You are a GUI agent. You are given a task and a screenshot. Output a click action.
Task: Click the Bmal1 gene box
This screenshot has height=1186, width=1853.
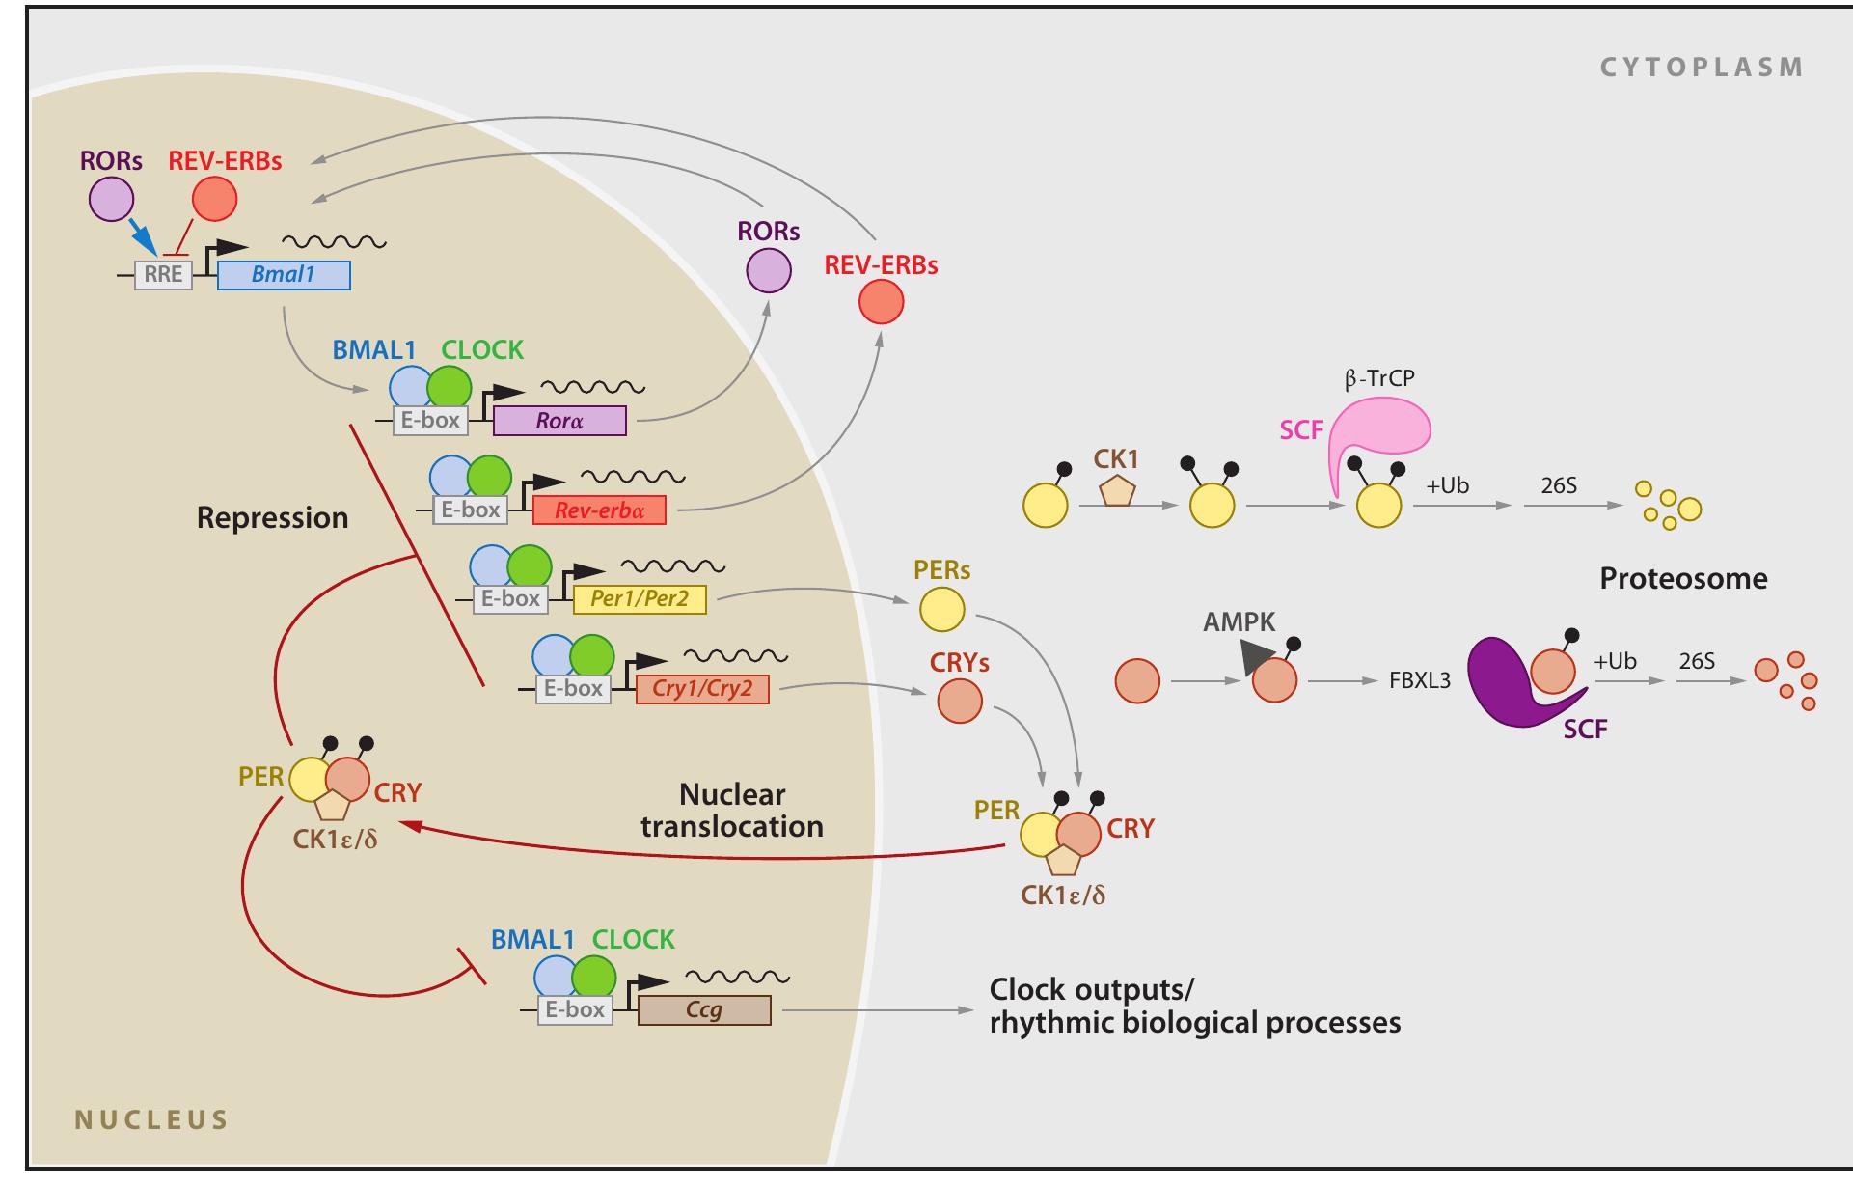pyautogui.click(x=284, y=275)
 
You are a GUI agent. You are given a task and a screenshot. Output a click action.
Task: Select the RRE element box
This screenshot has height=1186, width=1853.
pyautogui.click(x=163, y=275)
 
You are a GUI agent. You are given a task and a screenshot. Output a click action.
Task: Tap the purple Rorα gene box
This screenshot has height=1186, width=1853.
pyautogui.click(x=559, y=421)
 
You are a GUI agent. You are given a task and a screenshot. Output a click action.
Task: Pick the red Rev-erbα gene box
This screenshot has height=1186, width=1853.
pyautogui.click(x=598, y=510)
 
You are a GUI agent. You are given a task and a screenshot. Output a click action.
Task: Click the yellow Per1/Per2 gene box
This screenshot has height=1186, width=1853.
pyautogui.click(x=640, y=599)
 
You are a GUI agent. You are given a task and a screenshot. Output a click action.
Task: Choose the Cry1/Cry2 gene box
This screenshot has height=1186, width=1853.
pyautogui.click(x=702, y=689)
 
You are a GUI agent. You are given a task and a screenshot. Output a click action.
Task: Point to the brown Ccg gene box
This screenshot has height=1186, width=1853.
pyautogui.click(x=704, y=1010)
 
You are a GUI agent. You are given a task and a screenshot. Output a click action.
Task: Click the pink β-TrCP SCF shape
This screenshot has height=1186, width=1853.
pyautogui.click(x=1379, y=429)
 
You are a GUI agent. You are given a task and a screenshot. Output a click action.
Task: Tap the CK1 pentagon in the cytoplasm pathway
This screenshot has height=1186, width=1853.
pyautogui.click(x=1118, y=491)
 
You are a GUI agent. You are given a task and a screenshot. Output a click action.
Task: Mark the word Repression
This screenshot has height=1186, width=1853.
pyautogui.click(x=272, y=518)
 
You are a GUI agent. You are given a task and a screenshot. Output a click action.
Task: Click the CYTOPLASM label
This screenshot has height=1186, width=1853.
pyautogui.click(x=1702, y=68)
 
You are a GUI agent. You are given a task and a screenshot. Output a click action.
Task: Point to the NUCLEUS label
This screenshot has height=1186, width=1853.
pyautogui.click(x=151, y=1120)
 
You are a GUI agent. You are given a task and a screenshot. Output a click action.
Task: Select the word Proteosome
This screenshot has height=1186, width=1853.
pyautogui.click(x=1683, y=579)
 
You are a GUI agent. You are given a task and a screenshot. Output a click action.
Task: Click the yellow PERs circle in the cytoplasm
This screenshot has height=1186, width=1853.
pyautogui.click(x=941, y=610)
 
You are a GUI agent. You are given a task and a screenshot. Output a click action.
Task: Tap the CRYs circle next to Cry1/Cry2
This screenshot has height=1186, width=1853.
pyautogui.click(x=960, y=701)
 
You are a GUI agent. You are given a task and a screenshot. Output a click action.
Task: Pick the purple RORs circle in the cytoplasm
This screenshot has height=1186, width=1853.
pyautogui.click(x=769, y=270)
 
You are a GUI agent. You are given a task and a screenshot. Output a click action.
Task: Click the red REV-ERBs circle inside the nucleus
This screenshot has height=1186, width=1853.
pyautogui.click(x=214, y=200)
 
